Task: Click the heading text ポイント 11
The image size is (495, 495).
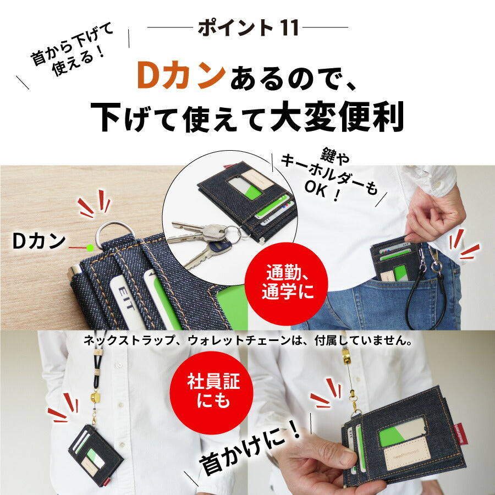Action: coord(248,28)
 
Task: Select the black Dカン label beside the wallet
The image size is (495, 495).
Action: coord(38,241)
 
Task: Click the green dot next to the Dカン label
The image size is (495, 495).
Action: coord(90,248)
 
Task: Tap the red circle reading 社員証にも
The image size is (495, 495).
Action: coord(212,393)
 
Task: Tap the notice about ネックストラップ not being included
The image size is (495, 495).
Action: coord(248,340)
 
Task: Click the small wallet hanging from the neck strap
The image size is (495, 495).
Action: coord(95,454)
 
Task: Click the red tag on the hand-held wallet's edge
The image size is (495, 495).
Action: coord(460,435)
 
